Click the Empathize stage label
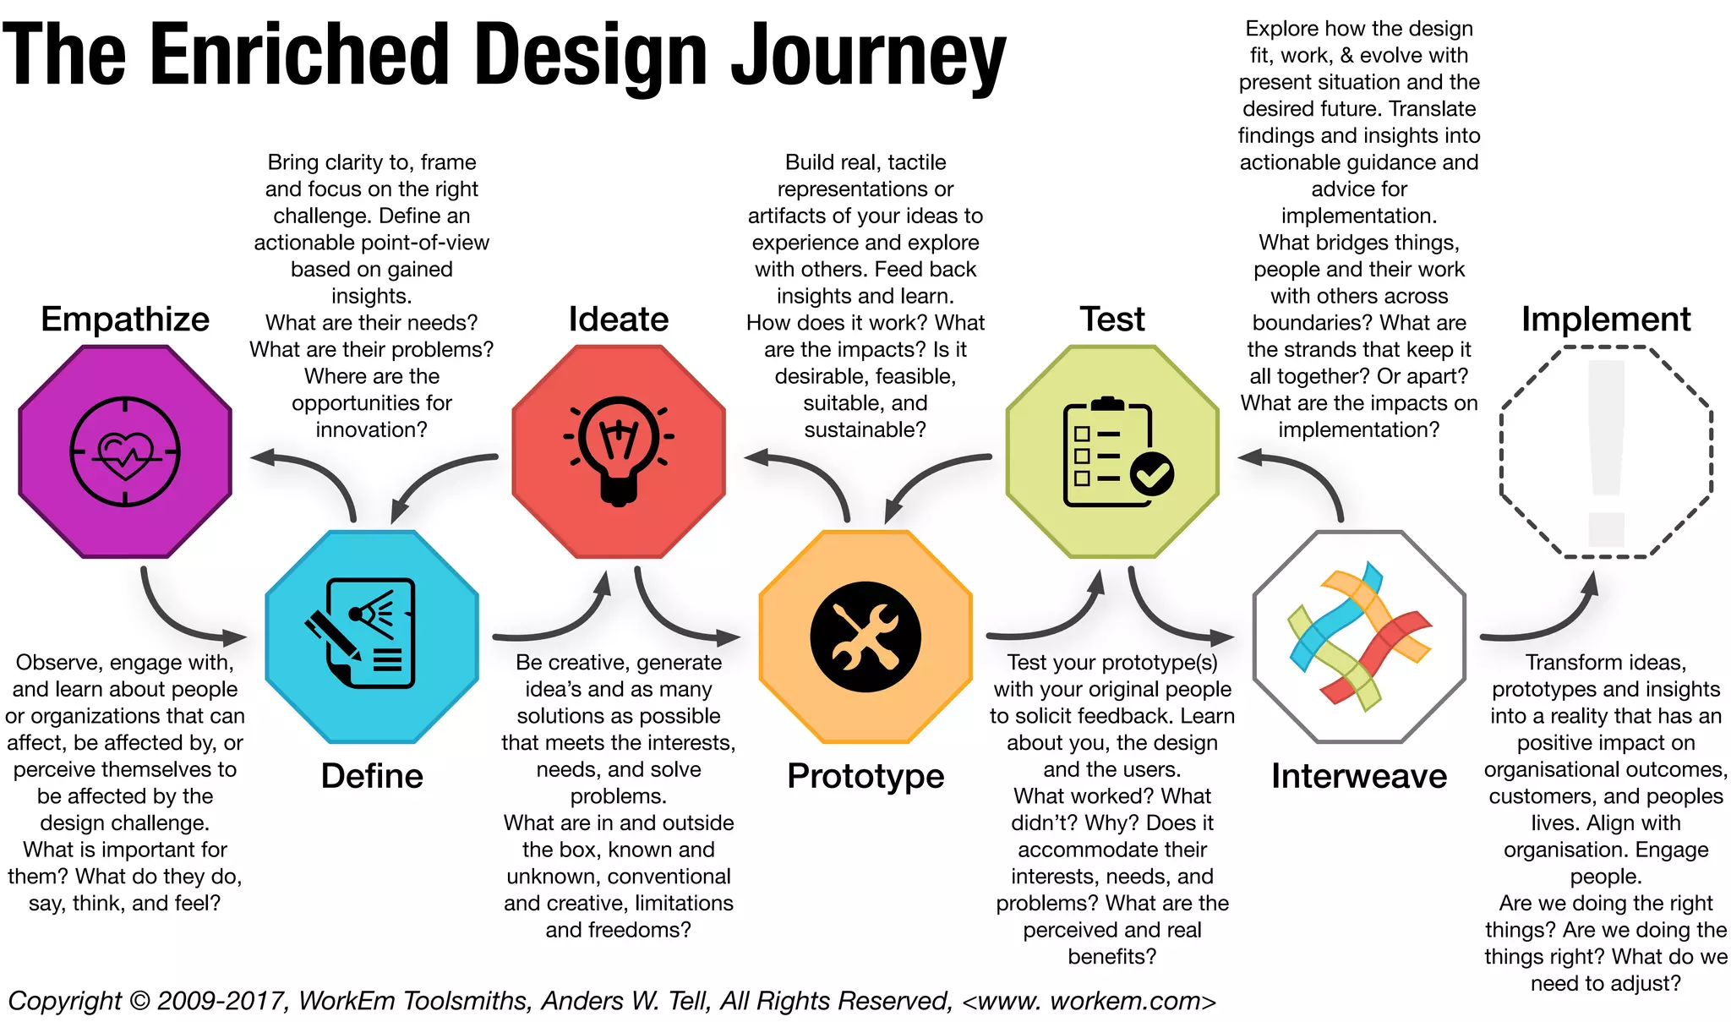click(125, 320)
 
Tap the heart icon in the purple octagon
click(125, 453)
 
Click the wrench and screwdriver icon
click(865, 637)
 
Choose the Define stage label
click(372, 776)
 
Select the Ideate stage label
click(618, 320)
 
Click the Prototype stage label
click(865, 776)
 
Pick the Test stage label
click(1112, 320)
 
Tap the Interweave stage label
click(1359, 776)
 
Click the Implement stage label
click(1606, 320)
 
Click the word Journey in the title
click(869, 55)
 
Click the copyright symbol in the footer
click(139, 1001)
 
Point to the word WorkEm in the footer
click(347, 1001)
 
